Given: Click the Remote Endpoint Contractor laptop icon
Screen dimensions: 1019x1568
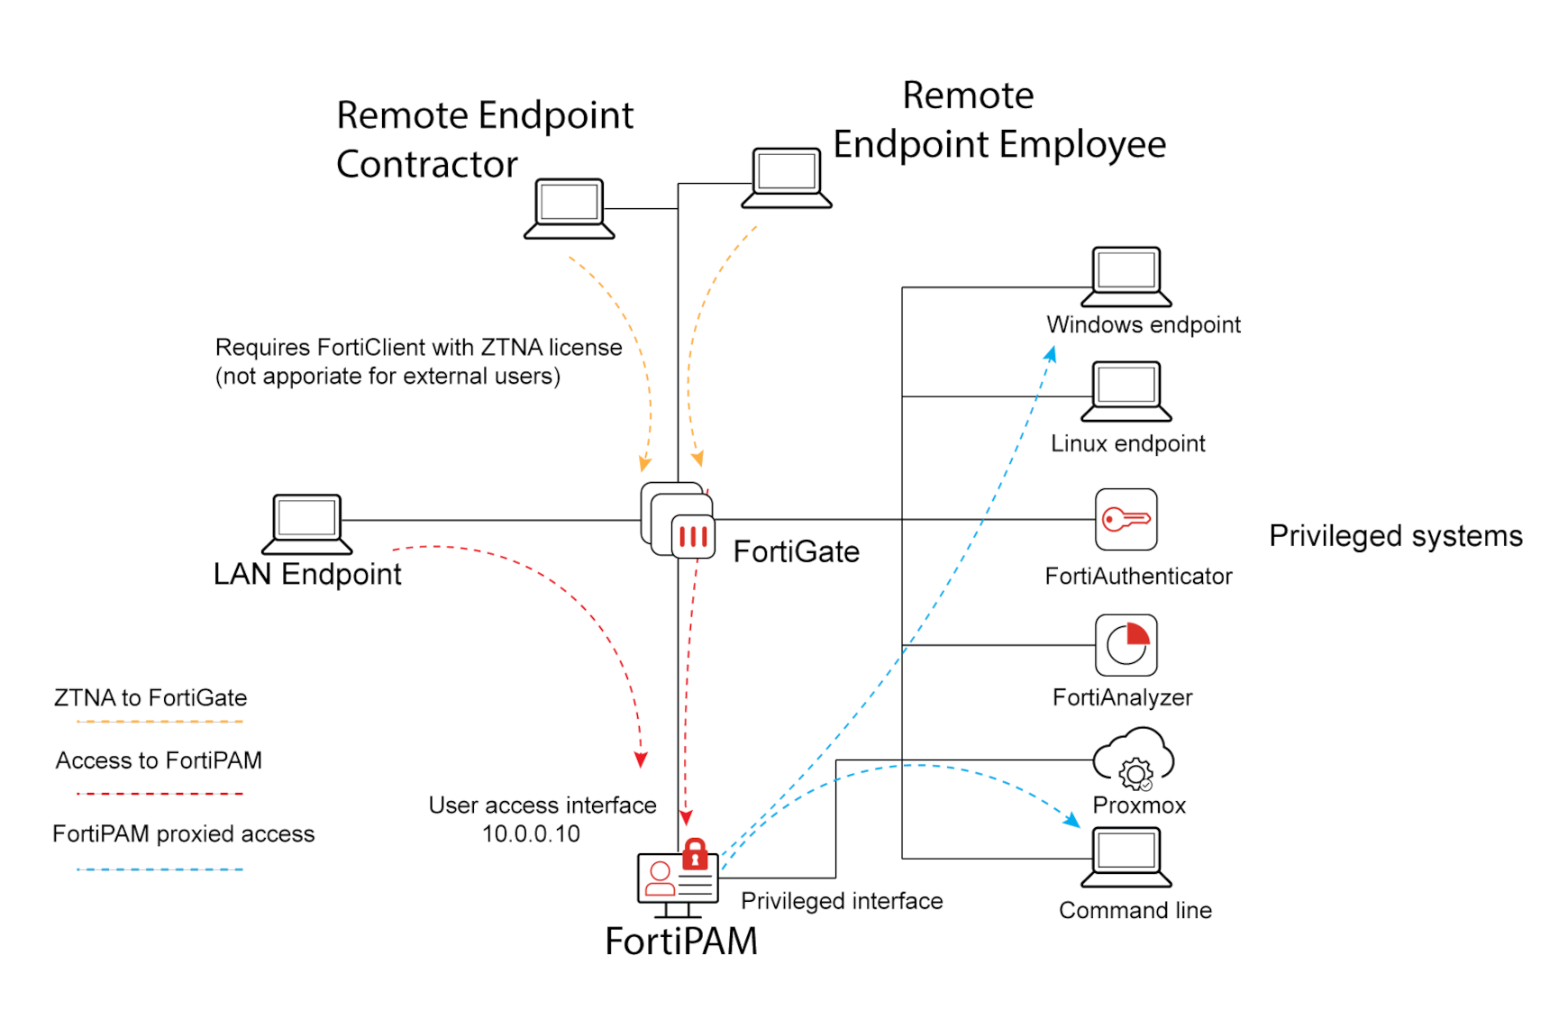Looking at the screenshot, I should point(569,208).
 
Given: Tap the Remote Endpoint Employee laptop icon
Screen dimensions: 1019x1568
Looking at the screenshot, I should point(786,177).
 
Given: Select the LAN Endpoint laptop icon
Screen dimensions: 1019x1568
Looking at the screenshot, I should point(306,523).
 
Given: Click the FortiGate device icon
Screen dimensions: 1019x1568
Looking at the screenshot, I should point(679,521).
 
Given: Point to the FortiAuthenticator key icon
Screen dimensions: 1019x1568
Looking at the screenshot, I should point(1126,519).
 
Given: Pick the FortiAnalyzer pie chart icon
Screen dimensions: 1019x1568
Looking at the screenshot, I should point(1126,645).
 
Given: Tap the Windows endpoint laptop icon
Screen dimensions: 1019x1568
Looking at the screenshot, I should point(1126,276).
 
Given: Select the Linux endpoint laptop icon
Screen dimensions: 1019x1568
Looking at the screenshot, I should point(1126,391).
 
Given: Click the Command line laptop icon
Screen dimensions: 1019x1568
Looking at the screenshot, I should point(1126,857).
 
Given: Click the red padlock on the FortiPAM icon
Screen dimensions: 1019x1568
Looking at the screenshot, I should point(695,853).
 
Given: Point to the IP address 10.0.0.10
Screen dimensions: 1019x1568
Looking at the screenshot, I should point(531,834).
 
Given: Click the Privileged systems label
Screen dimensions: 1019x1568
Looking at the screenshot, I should point(1395,536).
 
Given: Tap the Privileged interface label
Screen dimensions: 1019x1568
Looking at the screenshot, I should point(841,901).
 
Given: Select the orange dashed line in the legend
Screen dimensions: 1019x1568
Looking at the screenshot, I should point(160,722).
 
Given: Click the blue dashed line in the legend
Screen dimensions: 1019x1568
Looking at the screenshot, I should point(160,869).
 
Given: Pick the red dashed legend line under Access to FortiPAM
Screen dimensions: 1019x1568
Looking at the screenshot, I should point(160,794).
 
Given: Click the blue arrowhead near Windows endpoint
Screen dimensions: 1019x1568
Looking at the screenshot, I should point(1051,354).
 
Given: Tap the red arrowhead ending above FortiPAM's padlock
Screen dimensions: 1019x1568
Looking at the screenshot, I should point(686,818).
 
